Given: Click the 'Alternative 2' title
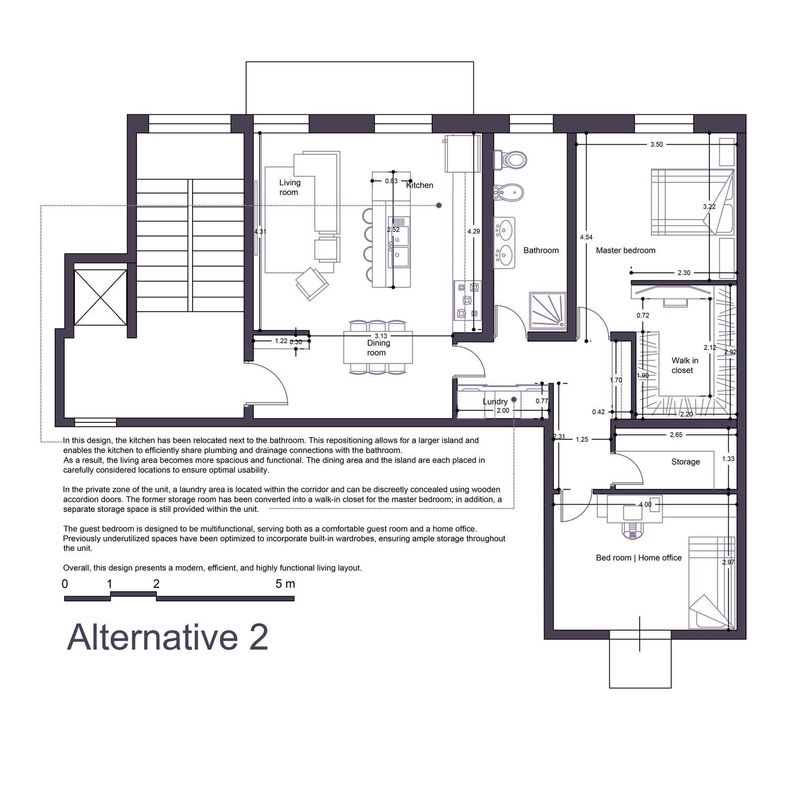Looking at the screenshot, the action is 167,637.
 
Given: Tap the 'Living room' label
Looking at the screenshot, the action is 289,187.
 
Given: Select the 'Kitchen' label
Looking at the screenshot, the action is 420,185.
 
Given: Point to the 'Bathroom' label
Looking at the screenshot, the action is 541,250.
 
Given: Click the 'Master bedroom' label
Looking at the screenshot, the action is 625,250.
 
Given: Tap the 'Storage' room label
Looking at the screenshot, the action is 685,462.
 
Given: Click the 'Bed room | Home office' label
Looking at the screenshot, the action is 639,558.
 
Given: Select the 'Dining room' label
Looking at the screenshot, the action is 378,347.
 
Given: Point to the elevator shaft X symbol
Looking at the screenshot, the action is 100,297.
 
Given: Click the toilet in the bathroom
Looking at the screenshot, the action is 509,159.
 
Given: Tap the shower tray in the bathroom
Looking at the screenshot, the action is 548,311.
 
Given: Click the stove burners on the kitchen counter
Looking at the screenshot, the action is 467,301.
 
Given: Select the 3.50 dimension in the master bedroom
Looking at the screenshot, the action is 656,144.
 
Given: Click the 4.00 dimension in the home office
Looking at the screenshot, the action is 645,505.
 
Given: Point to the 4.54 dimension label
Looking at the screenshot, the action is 586,238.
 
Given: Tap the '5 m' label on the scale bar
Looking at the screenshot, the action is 285,583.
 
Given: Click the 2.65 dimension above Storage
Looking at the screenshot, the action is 676,434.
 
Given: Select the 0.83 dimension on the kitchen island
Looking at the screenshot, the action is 391,181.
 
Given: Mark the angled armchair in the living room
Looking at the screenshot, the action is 312,283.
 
